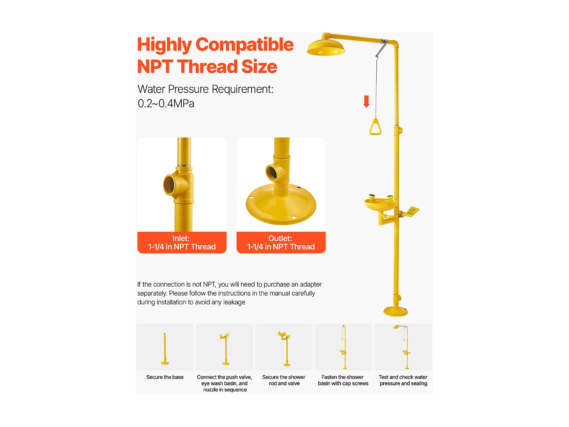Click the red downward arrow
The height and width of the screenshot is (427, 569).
[x=366, y=101]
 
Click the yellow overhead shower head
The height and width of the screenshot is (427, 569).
[x=325, y=48]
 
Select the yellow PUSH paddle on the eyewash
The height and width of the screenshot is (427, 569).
[x=412, y=211]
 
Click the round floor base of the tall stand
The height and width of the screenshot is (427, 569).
[x=395, y=311]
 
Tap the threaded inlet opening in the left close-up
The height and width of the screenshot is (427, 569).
[x=170, y=184]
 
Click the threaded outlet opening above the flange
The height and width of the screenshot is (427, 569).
[x=271, y=172]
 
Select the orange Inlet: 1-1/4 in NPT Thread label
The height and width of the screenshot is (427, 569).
[x=182, y=242]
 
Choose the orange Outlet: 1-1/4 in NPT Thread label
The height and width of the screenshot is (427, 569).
[x=281, y=242]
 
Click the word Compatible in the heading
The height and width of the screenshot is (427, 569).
[x=244, y=44]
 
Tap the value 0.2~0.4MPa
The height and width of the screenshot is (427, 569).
[x=166, y=104]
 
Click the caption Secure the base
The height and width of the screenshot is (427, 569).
[x=165, y=377]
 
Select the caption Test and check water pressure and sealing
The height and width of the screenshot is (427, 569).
[x=403, y=380]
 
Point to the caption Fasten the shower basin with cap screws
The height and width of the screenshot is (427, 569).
[x=343, y=380]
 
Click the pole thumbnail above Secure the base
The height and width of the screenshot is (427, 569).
[x=165, y=349]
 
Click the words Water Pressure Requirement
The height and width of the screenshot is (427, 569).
[x=205, y=89]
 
